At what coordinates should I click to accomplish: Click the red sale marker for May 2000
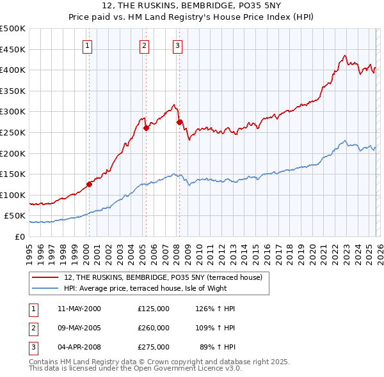click(x=89, y=185)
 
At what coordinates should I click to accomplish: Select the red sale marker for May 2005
click(x=146, y=128)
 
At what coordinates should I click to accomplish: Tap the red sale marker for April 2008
click(x=179, y=121)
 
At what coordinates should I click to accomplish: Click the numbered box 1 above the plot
click(x=87, y=45)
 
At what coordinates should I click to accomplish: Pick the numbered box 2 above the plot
click(x=145, y=45)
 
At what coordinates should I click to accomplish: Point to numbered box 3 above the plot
click(x=177, y=45)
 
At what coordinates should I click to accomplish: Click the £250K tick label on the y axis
click(x=12, y=132)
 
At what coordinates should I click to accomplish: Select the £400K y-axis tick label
click(x=12, y=70)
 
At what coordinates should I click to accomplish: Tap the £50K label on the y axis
click(x=15, y=216)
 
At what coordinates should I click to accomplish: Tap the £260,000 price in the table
click(x=154, y=328)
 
